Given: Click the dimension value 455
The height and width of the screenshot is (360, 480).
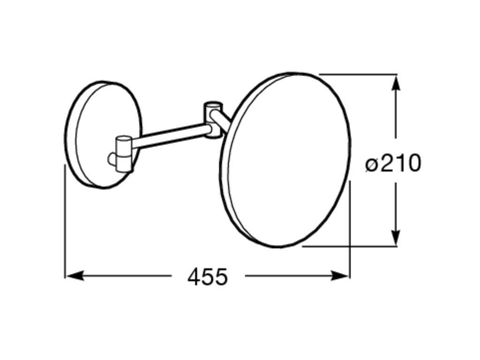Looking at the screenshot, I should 208,277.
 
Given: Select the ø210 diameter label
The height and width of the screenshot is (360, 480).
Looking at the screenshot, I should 393,164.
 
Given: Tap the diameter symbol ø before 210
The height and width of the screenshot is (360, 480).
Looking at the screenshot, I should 371,165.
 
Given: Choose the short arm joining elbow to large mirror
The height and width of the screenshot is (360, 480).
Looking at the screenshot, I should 222,119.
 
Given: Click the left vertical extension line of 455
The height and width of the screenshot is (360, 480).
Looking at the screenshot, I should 65,220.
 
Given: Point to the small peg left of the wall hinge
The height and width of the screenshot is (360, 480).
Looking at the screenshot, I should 112,159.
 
